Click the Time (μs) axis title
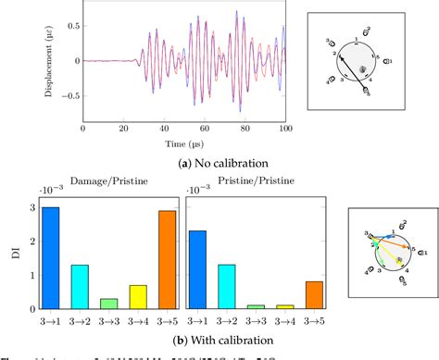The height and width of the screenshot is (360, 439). (185, 146)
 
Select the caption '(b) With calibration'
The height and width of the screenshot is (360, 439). (185, 336)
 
